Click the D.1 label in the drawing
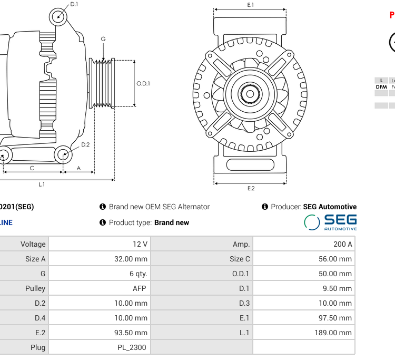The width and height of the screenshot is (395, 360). click(x=74, y=4)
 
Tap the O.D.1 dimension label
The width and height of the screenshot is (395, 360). click(x=143, y=83)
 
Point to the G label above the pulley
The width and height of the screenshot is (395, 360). click(x=103, y=39)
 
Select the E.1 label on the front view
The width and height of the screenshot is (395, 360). click(x=251, y=5)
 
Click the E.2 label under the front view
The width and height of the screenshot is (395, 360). click(x=251, y=188)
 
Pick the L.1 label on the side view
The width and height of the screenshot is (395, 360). click(x=42, y=184)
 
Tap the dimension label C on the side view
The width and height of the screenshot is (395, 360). click(x=32, y=168)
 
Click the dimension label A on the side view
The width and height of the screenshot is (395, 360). click(x=79, y=168)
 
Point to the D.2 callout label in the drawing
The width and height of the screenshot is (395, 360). click(x=85, y=144)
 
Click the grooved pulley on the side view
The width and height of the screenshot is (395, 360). click(x=103, y=83)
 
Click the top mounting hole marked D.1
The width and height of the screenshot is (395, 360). click(x=58, y=16)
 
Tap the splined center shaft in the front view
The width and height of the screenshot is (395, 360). click(x=250, y=94)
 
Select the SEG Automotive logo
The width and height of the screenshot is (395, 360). click(x=330, y=222)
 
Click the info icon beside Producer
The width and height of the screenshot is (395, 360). click(x=265, y=207)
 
